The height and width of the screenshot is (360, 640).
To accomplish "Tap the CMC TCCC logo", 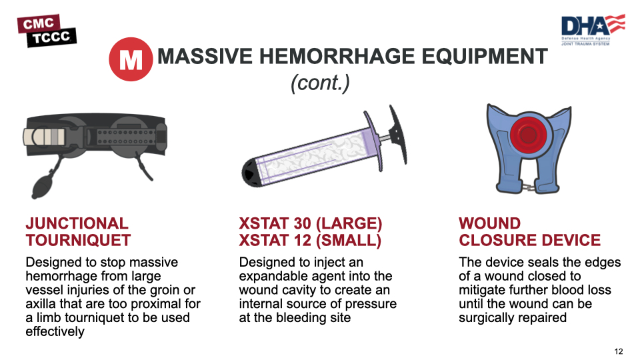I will (x=47, y=31).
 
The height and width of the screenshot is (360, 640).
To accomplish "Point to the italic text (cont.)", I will (x=320, y=83).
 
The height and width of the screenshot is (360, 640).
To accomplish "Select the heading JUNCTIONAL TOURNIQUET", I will (x=78, y=232).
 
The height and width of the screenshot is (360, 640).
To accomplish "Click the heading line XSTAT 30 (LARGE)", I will (x=310, y=223).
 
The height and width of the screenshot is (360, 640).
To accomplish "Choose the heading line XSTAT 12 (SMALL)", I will (x=310, y=240).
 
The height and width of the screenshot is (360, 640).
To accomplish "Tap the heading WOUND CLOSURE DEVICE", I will (x=529, y=232).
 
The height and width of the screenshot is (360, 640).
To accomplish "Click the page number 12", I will (x=618, y=351).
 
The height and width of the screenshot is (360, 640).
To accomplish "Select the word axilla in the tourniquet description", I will (x=42, y=304).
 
